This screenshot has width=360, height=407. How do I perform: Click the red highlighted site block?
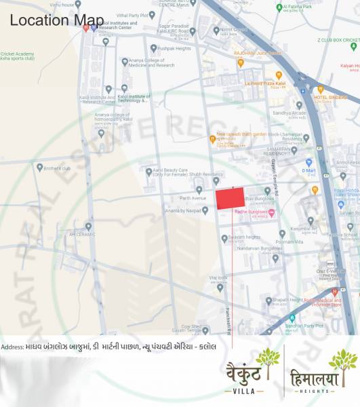pos(230,199)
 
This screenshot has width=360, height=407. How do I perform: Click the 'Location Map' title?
pos(48,20)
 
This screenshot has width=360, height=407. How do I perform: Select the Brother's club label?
pos(57,168)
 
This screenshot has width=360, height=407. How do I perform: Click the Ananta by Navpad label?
pos(182,211)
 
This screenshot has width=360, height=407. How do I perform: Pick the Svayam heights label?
pos(244,236)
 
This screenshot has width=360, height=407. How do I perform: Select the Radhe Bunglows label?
pos(250,212)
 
